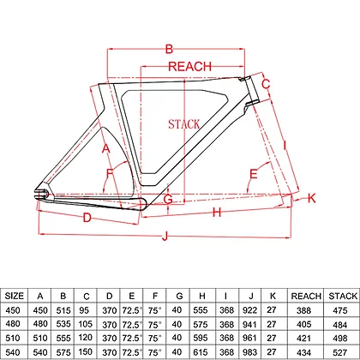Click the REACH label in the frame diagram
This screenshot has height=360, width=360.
click(x=190, y=66)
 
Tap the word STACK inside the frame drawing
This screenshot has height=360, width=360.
click(x=184, y=124)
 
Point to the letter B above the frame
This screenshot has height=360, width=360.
click(x=169, y=49)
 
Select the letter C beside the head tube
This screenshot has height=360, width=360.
click(x=266, y=84)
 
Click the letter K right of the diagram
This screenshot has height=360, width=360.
click(x=311, y=198)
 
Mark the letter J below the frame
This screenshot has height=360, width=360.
click(x=165, y=236)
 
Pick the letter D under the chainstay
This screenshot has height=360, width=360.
click(x=87, y=218)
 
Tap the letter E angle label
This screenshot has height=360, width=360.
click(x=254, y=174)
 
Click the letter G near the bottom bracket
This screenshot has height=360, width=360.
click(x=168, y=199)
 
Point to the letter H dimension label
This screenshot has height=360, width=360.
click(x=217, y=213)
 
